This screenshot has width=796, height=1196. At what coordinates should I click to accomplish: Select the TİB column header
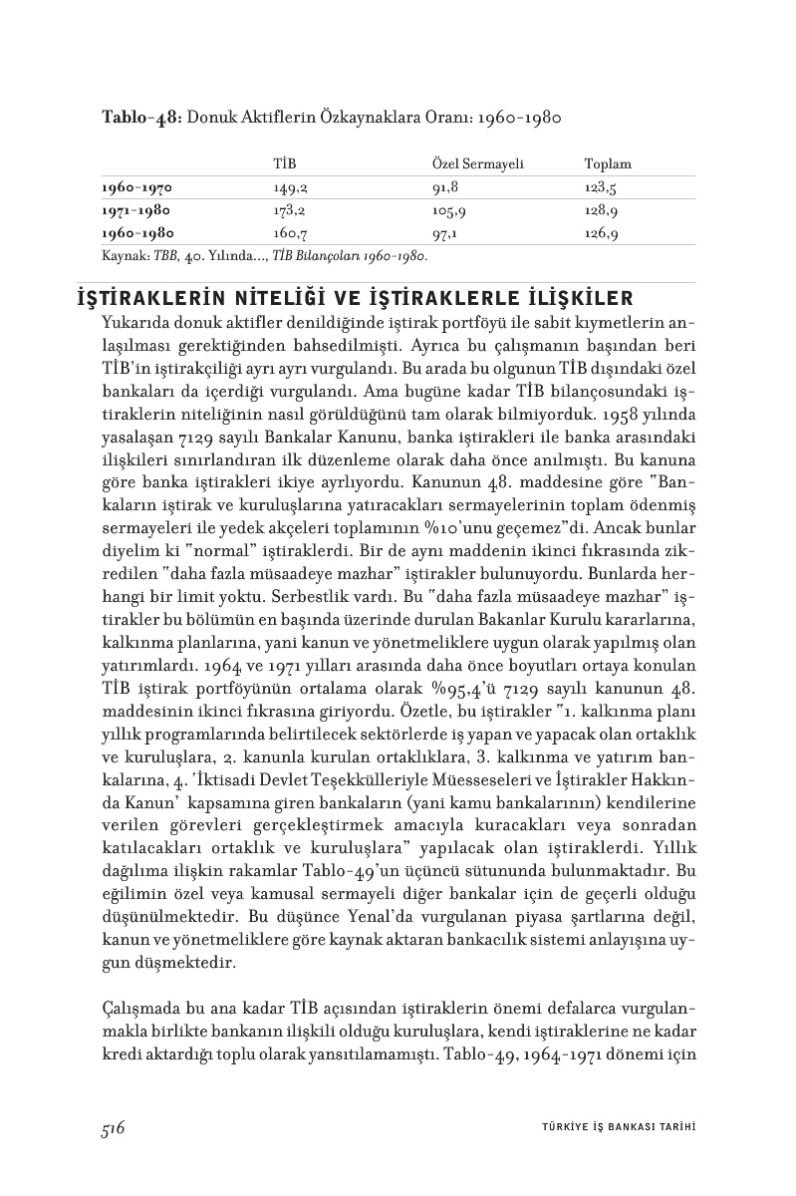(285, 163)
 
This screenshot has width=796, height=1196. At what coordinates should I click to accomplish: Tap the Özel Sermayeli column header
(477, 163)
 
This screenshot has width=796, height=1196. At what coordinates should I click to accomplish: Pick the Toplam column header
(608, 163)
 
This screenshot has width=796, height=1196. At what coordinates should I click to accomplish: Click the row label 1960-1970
(136, 186)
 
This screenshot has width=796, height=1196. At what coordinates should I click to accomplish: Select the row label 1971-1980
(136, 210)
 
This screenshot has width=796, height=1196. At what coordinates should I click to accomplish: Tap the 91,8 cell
(444, 186)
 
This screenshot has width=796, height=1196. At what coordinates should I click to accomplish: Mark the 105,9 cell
(448, 210)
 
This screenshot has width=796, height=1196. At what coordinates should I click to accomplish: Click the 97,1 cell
(444, 234)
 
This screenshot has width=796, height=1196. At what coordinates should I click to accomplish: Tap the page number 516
(112, 1127)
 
